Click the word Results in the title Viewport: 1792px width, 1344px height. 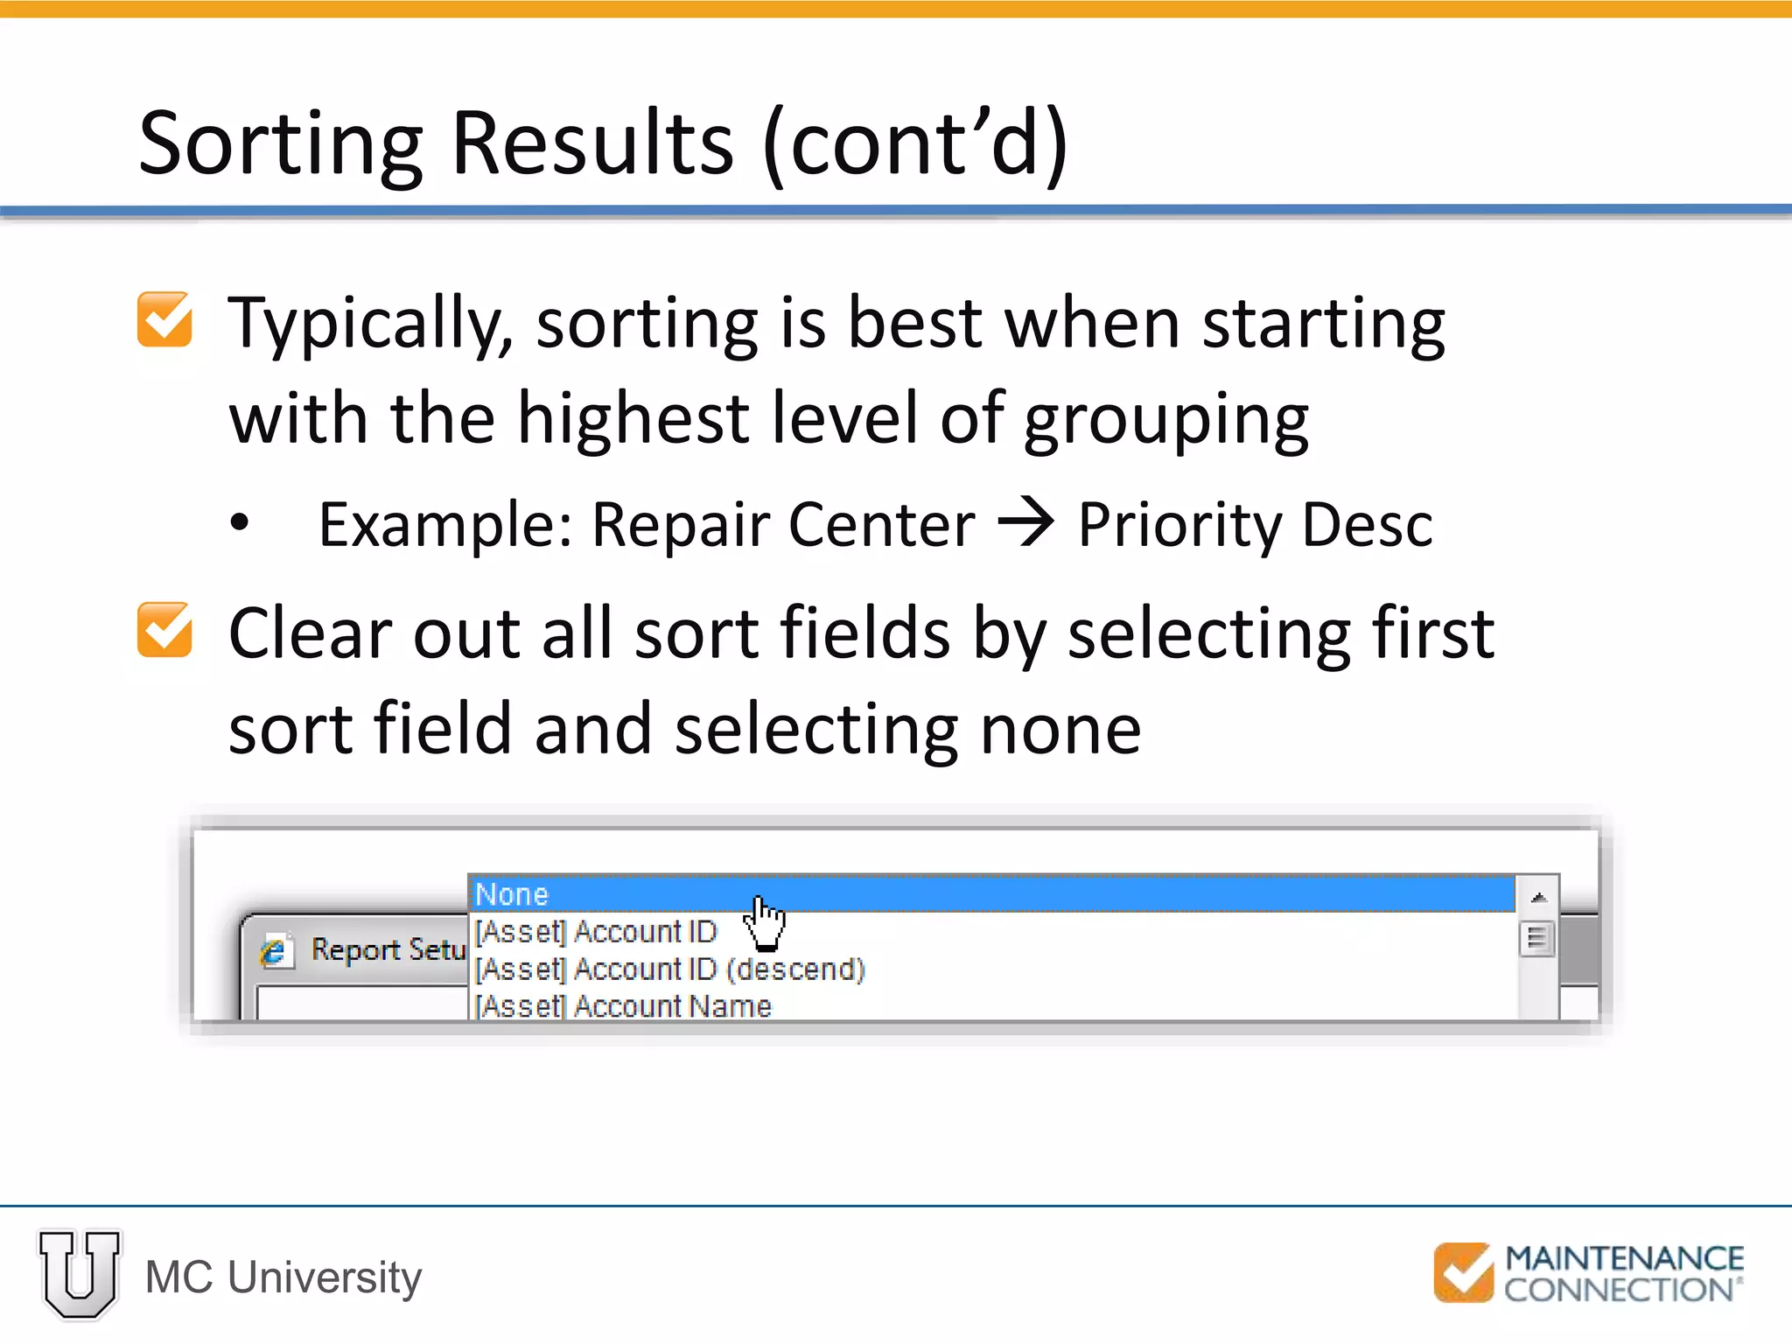click(592, 144)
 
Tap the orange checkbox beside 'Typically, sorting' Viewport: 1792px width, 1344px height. click(164, 320)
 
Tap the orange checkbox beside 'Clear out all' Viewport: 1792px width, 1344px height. click(164, 630)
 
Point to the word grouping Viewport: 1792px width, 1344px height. click(1165, 420)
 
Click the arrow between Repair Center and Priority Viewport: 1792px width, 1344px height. click(1025, 522)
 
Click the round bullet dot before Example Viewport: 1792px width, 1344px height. click(240, 523)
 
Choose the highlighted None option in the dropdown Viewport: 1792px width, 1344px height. click(513, 894)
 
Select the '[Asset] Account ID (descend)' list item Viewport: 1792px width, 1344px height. click(670, 969)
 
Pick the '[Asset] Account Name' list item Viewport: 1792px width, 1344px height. click(623, 1006)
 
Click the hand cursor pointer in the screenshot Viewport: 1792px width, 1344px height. click(763, 922)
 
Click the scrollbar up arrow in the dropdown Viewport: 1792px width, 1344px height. click(1538, 897)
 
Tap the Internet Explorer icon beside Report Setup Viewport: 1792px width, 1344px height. click(274, 951)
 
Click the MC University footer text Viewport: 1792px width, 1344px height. click(283, 1277)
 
